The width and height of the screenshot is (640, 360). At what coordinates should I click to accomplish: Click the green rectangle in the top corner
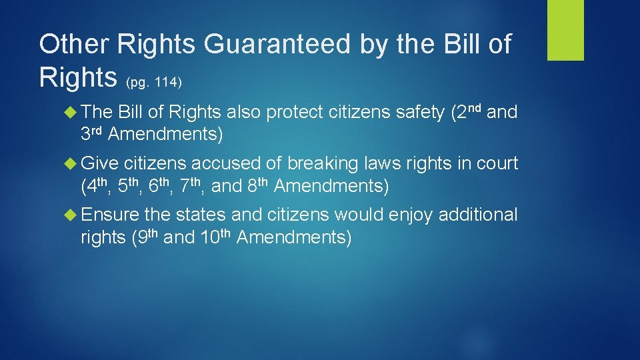565,30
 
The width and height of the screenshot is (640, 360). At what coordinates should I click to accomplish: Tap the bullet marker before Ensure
73,215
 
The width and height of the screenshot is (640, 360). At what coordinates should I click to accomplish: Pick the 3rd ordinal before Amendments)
92,134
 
